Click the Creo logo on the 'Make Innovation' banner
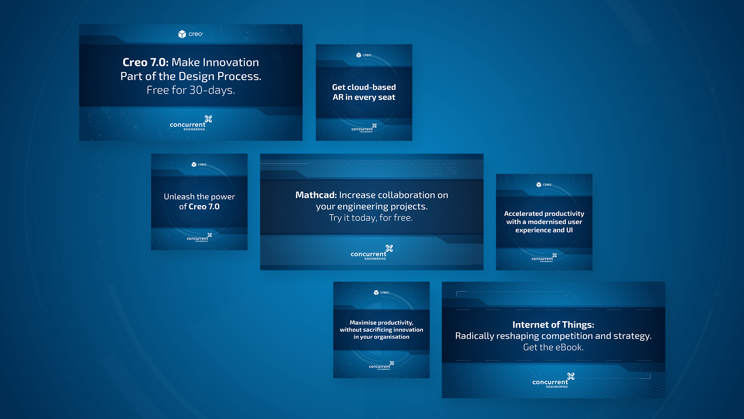click(x=191, y=34)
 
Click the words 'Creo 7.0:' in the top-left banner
click(x=146, y=62)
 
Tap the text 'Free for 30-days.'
click(x=191, y=90)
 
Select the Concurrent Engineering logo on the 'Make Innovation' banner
click(x=191, y=123)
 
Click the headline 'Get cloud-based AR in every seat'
click(x=364, y=92)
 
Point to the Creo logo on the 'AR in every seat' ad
click(x=364, y=55)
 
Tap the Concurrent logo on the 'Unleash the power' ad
click(x=199, y=237)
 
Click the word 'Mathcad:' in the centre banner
click(x=316, y=195)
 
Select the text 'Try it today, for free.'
click(x=371, y=218)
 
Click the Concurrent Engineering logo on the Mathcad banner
click(x=372, y=253)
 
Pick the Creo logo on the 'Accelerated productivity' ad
click(x=544, y=185)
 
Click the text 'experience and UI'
click(x=544, y=230)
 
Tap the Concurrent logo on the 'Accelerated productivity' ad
click(x=544, y=258)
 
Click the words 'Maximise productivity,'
click(x=381, y=323)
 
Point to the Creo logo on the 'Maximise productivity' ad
click(x=381, y=293)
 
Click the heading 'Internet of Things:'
click(x=553, y=325)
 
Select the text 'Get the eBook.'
click(x=553, y=348)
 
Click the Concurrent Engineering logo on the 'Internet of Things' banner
click(x=553, y=381)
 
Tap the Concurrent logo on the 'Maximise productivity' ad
click(x=381, y=365)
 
